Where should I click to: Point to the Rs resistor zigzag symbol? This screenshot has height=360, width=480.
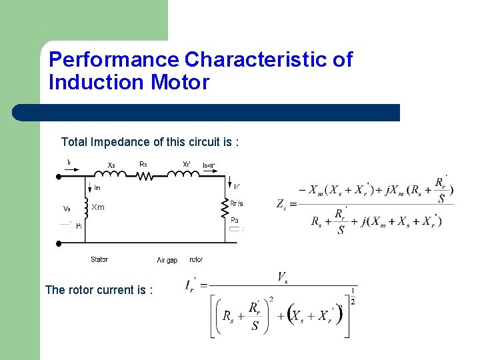coord(145,176)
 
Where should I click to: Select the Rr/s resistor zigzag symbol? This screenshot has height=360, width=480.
coord(225,209)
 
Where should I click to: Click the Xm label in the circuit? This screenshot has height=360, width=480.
coord(98,207)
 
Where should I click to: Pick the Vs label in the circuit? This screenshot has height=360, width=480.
coord(67,209)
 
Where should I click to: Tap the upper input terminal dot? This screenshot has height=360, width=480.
coord(59,177)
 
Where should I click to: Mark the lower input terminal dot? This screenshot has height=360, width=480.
coord(59,243)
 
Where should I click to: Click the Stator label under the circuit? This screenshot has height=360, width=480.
coord(99,259)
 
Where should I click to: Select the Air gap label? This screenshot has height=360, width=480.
coord(167,260)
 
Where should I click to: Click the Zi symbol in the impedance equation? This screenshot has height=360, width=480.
coord(281,204)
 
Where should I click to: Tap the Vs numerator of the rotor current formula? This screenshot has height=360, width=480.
coord(283,276)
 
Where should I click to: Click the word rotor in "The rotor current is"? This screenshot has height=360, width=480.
coord(81,290)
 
